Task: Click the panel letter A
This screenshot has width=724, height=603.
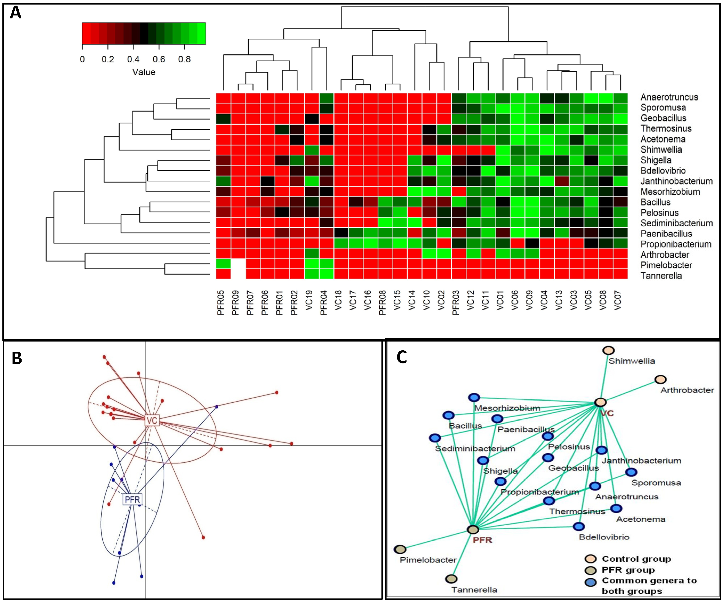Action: [15, 13]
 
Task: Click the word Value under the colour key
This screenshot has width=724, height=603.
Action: [144, 72]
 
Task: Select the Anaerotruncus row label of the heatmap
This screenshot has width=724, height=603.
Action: [669, 97]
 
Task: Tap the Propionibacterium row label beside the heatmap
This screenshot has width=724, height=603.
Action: [676, 244]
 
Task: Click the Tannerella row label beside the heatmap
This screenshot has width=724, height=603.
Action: [661, 276]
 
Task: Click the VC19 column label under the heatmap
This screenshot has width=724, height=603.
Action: [309, 300]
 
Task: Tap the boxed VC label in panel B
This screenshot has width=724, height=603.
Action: [152, 420]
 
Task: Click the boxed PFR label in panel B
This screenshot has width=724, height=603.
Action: [132, 499]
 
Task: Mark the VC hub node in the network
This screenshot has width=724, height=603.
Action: [600, 402]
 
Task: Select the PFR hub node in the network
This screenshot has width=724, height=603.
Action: [473, 529]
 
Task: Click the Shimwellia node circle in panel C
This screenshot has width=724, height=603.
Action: [608, 350]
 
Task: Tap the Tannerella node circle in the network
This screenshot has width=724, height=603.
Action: [451, 578]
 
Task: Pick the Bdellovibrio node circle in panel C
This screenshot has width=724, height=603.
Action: [578, 526]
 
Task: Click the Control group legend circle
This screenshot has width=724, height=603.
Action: [590, 559]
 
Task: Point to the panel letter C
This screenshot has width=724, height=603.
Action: [402, 357]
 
